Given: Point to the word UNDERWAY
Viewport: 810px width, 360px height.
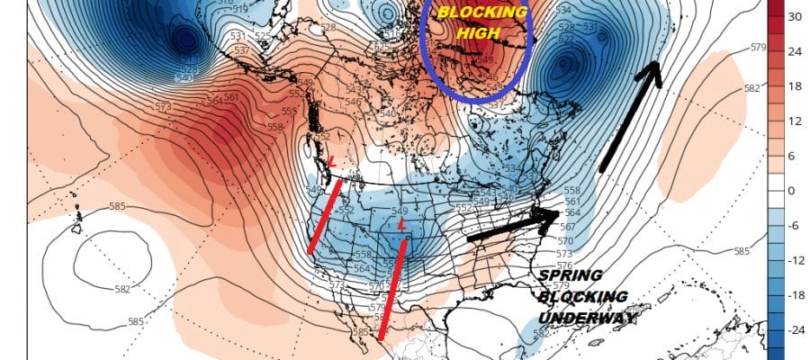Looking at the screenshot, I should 586,318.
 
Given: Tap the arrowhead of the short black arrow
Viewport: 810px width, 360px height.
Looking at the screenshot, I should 546,219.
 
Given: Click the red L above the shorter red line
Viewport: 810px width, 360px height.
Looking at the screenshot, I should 332,161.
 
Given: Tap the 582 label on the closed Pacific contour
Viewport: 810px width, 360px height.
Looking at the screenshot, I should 122,289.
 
